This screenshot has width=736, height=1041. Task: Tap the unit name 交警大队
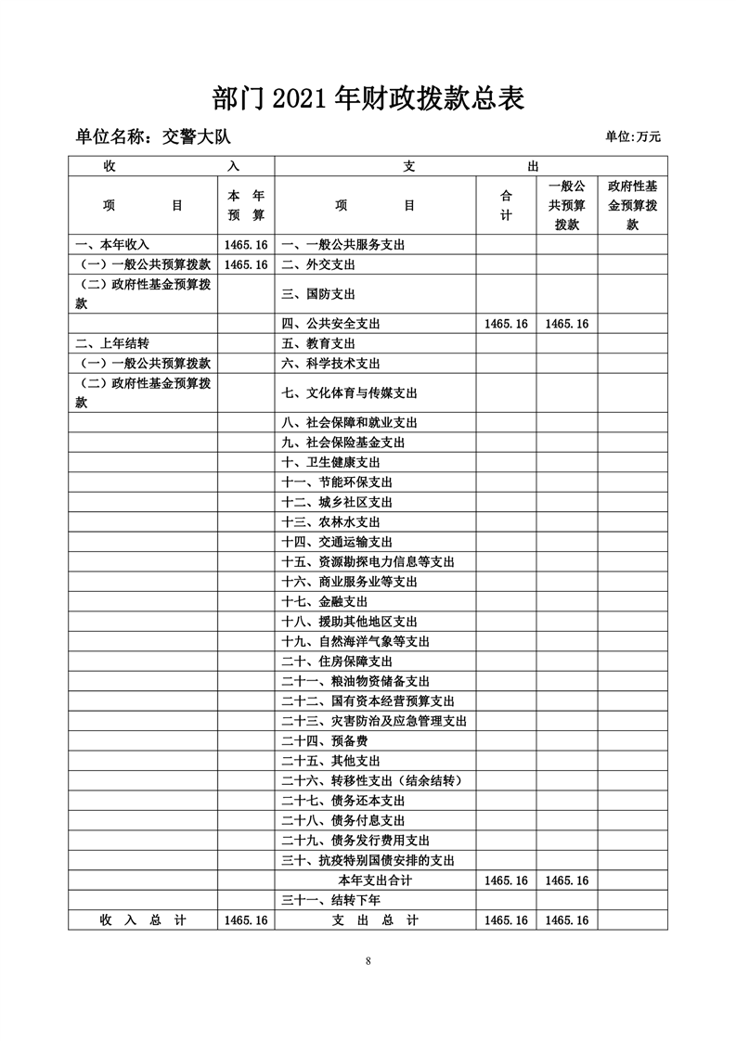coord(195,136)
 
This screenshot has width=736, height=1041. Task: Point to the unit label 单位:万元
coord(633,137)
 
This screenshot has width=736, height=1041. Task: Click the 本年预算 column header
coord(246,205)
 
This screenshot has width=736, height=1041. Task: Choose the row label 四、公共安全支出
coord(330,324)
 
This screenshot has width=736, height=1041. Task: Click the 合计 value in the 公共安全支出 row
coord(506,324)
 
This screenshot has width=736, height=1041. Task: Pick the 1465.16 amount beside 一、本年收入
coord(246,245)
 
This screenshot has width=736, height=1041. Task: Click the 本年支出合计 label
coord(375,880)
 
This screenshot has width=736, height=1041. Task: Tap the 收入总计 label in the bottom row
coord(143,919)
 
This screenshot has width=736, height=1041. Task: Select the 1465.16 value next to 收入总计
coord(246,919)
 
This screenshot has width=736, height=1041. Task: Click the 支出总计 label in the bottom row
coord(375,919)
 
